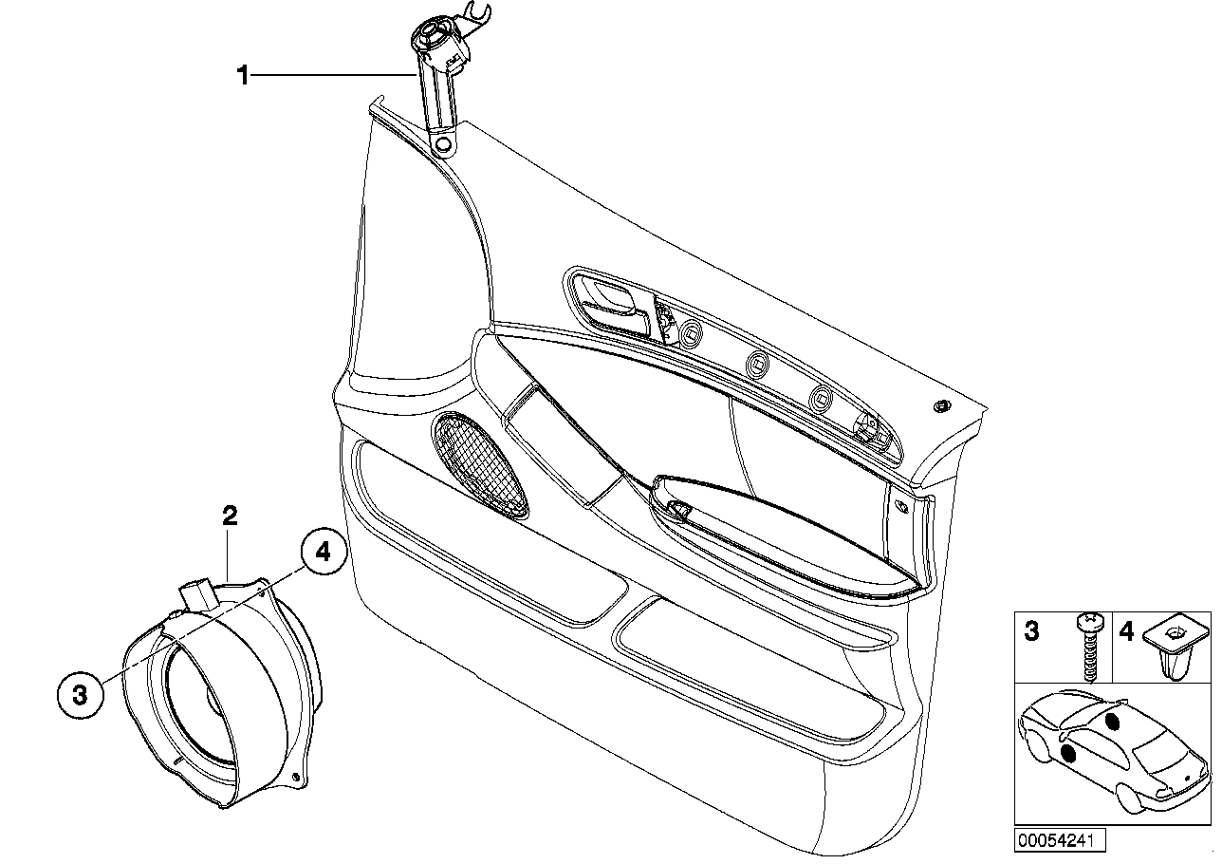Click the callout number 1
[x=243, y=75]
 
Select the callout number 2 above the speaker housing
[x=230, y=517]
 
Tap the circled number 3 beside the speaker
[x=80, y=695]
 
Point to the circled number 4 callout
[x=324, y=553]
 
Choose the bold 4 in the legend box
[x=1126, y=631]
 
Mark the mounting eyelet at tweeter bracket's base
[x=442, y=144]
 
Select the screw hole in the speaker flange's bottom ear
[x=302, y=780]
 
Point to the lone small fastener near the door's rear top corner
[x=942, y=406]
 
